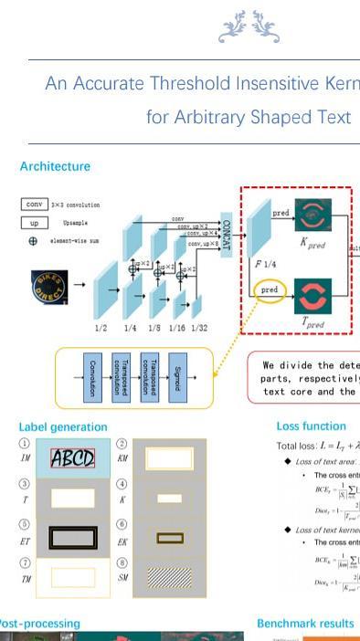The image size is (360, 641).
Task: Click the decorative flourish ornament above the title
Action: pyautogui.click(x=248, y=27)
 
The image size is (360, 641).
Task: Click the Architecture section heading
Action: pyautogui.click(x=55, y=166)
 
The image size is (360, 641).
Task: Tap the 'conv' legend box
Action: pyautogui.click(x=35, y=205)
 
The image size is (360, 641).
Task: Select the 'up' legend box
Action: pyautogui.click(x=35, y=223)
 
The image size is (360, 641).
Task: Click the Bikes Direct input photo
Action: pyautogui.click(x=49, y=286)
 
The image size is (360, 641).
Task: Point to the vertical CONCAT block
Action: pyautogui.click(x=227, y=234)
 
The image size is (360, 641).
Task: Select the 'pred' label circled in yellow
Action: pyautogui.click(x=269, y=290)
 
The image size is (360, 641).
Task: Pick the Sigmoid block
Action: pyautogui.click(x=178, y=377)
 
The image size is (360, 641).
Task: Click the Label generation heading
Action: pyautogui.click(x=63, y=426)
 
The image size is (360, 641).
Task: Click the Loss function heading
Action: pyautogui.click(x=311, y=426)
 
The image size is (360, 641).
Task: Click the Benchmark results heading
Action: pyautogui.click(x=304, y=624)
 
